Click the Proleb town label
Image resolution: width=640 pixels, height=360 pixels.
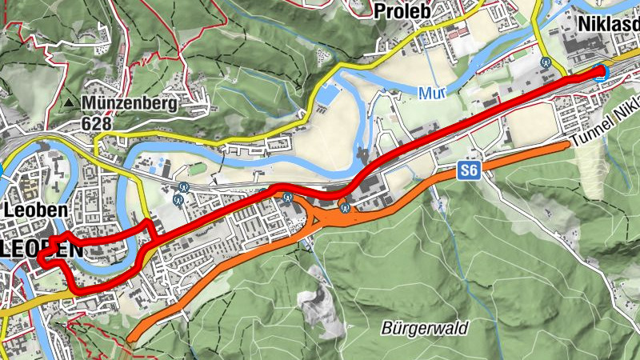[402, 10]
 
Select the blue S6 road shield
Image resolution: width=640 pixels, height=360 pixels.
[469, 171]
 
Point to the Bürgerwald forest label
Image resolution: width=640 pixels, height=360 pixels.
[424, 328]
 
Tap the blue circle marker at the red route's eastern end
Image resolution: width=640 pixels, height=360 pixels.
[602, 72]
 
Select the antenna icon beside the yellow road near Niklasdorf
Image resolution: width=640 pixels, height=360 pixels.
[546, 60]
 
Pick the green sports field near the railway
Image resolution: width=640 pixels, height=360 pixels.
[197, 169]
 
